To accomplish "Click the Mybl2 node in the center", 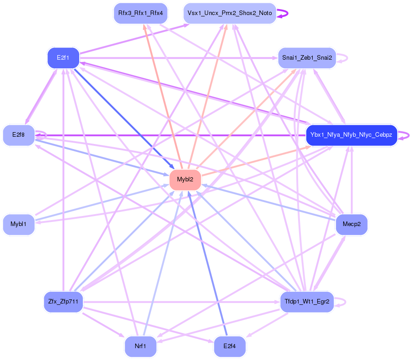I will tap(185, 180).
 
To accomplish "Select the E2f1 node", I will tap(63, 58).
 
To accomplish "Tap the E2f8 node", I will tap(19, 135).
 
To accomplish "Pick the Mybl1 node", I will tap(19, 224).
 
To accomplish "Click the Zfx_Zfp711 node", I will tap(63, 301).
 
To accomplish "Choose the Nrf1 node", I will tap(140, 346).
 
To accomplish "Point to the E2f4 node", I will tap(230, 346).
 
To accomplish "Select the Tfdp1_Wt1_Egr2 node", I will tap(307, 301).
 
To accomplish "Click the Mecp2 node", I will tap(351, 224).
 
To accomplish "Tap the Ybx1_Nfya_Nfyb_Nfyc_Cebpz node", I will tap(351, 135).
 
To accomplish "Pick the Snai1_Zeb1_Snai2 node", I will tap(307, 58).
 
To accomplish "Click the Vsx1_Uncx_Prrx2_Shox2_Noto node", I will tap(230, 13).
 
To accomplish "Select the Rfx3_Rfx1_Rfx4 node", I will tap(140, 13).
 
